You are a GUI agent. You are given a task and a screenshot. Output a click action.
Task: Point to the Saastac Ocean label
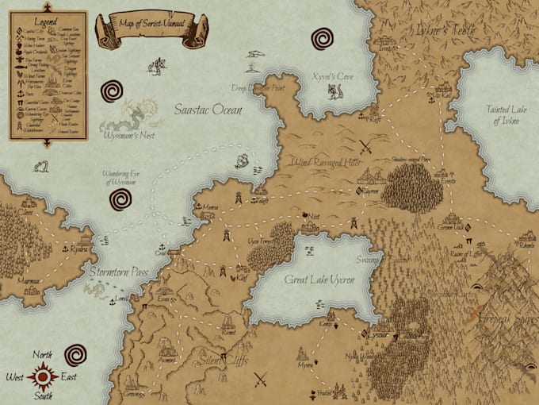pos(208,110)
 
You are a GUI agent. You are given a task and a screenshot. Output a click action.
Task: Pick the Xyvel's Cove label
pos(332,76)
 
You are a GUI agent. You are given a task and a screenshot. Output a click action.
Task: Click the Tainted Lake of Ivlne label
pos(507,115)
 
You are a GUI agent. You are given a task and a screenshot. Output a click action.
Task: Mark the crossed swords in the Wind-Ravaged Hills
pos(365,146)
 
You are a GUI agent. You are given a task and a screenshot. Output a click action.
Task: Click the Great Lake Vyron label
pos(319,280)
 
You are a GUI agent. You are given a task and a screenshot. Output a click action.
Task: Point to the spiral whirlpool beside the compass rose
pos(77,354)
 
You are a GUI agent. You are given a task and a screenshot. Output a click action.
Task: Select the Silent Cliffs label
pos(225,361)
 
